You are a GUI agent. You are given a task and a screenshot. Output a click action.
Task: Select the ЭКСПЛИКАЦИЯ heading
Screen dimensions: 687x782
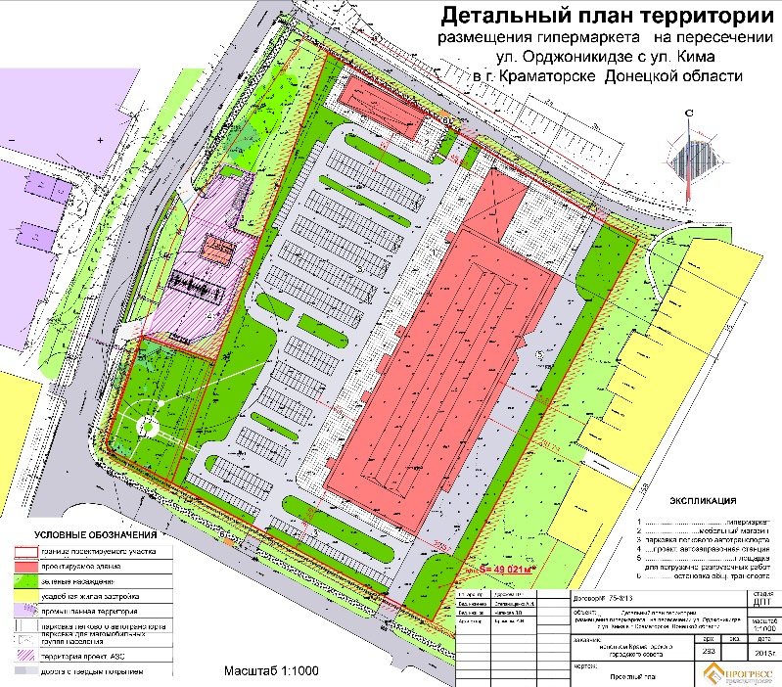coord(702,499)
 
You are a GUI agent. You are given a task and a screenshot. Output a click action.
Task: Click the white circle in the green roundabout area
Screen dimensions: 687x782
coord(148,426)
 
